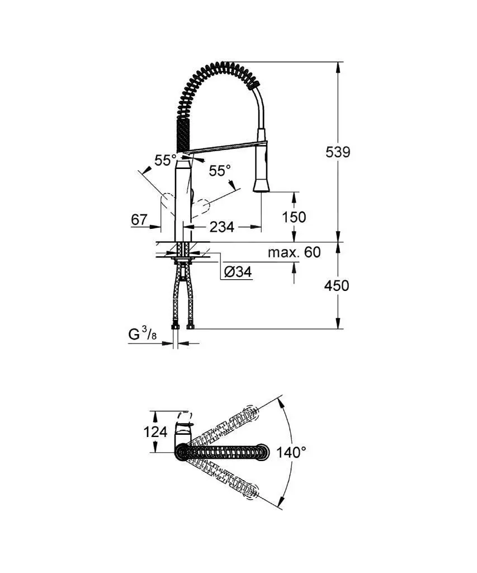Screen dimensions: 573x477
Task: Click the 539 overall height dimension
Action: point(338,152)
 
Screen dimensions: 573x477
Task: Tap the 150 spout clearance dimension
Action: point(294,217)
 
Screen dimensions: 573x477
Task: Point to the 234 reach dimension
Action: point(221,227)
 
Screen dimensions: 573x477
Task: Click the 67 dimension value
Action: point(139,220)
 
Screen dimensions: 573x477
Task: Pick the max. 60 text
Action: point(294,252)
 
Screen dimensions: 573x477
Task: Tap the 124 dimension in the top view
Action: point(156,432)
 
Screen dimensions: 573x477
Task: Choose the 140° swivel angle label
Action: point(291,453)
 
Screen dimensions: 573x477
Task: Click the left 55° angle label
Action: point(166,161)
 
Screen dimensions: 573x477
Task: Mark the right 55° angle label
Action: point(220,171)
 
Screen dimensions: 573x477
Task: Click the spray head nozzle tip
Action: point(262,186)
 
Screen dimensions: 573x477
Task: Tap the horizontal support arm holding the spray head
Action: point(224,148)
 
